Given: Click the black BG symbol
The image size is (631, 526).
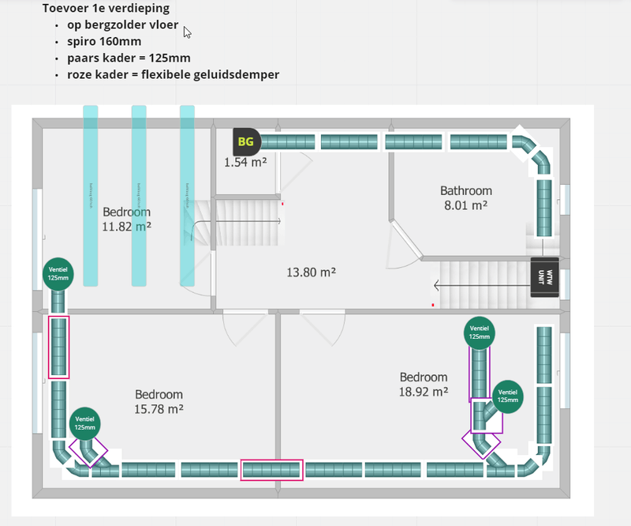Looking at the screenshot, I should pyautogui.click(x=246, y=142).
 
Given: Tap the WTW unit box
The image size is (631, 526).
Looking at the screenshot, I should pyautogui.click(x=545, y=278).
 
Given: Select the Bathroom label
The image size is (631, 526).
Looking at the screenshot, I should pyautogui.click(x=465, y=190).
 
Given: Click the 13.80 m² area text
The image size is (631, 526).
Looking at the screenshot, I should pyautogui.click(x=311, y=272).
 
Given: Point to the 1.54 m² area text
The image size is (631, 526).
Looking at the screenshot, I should pyautogui.click(x=245, y=162).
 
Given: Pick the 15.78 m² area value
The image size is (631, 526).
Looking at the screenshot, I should pyautogui.click(x=159, y=408).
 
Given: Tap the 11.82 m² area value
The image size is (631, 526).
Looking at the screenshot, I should pyautogui.click(x=126, y=226).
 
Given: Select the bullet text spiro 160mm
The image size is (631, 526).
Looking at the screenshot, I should pyautogui.click(x=104, y=41).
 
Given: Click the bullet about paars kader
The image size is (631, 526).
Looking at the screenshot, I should pyautogui.click(x=129, y=58).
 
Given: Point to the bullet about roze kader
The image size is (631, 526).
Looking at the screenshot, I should pyautogui.click(x=173, y=74).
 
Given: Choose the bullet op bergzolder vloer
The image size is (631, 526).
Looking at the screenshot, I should pyautogui.click(x=122, y=25).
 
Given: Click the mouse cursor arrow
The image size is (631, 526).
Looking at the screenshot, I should pyautogui.click(x=187, y=32).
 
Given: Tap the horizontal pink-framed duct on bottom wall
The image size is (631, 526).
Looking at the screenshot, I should pyautogui.click(x=272, y=470).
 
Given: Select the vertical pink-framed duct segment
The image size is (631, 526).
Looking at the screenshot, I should pyautogui.click(x=59, y=348).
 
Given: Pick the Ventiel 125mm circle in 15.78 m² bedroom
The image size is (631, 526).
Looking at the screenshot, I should pyautogui.click(x=86, y=423).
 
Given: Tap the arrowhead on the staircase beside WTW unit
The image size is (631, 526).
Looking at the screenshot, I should pyautogui.click(x=436, y=284).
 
